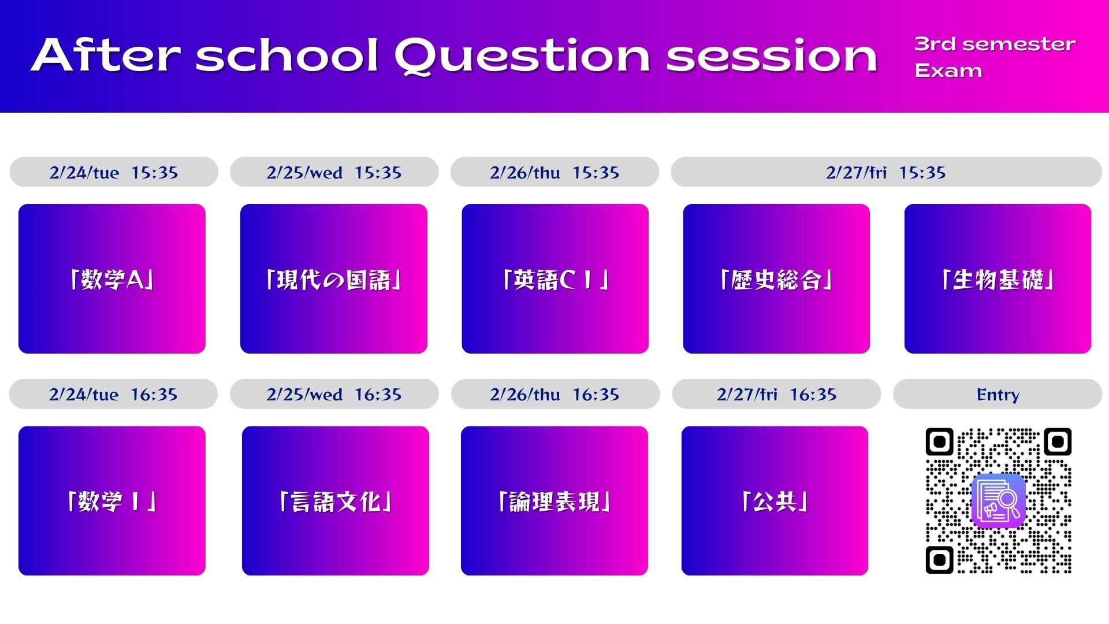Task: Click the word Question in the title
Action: coord(522,57)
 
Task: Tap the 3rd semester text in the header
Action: coord(995,44)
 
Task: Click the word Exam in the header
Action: coord(948,70)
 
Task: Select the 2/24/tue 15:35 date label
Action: coord(114,172)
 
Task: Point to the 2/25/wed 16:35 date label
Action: coord(334,394)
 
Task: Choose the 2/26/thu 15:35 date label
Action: coord(554,172)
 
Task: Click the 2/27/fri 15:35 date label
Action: coord(886,172)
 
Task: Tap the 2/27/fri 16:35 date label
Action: coord(776,394)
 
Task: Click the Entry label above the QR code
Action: coord(998,394)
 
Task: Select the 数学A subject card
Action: coord(112,278)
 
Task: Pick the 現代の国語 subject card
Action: coord(334,278)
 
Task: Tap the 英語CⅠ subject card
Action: coord(555,278)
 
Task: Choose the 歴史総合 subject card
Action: coord(776,278)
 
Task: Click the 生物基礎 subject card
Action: coord(998,278)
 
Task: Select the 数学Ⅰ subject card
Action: coord(112,501)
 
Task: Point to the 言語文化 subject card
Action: coord(336,501)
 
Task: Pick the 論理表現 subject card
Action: coord(554,501)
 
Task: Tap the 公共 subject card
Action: coord(775,501)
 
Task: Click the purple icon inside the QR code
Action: coord(999,500)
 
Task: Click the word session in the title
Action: coord(772,57)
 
